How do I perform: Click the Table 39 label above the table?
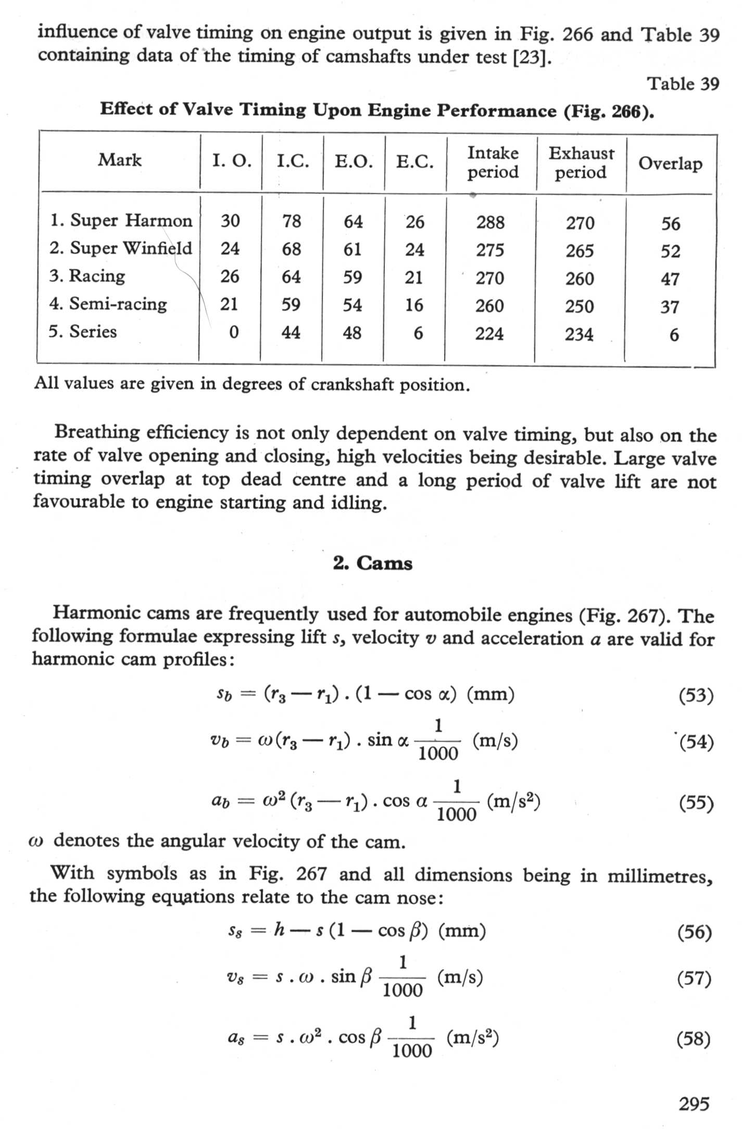pos(683,84)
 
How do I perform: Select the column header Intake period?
pos(493,162)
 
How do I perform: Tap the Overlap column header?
pos(670,163)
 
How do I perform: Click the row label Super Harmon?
pos(121,220)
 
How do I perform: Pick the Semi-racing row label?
pos(108,304)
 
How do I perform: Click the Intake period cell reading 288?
pos(491,222)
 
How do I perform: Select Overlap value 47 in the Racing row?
pos(670,279)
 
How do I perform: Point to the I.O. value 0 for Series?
pos(234,332)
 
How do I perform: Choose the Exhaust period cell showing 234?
pos(579,334)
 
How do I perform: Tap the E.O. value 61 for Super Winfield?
pos(353,249)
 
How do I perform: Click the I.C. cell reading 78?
pos(292,221)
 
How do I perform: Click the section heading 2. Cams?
pos(373,563)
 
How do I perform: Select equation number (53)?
pos(696,695)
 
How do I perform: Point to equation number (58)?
pos(694,1040)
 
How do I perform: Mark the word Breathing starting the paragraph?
pos(97,433)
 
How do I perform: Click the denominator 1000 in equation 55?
pos(456,814)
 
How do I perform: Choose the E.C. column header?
pos(415,162)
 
